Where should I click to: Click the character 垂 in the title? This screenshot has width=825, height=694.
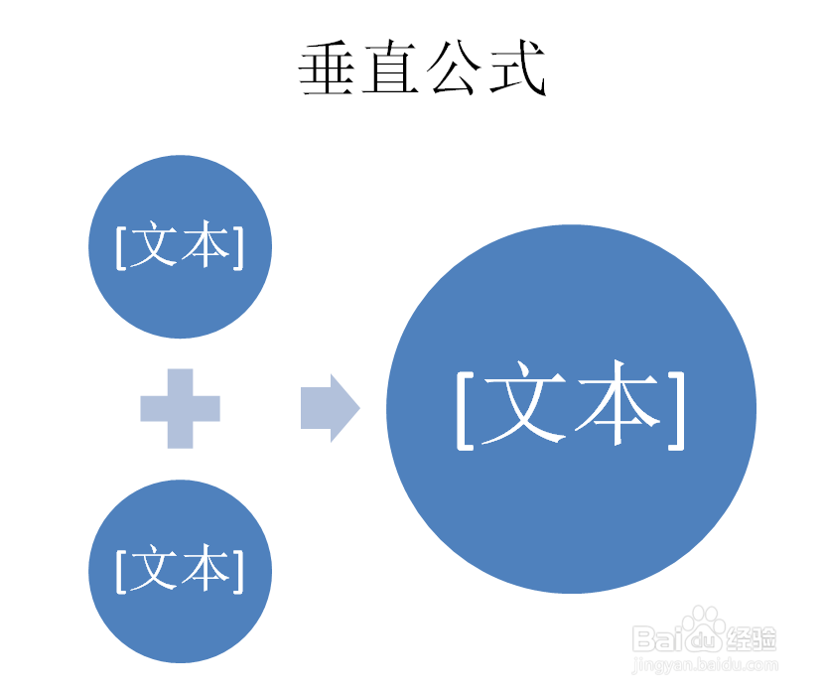coord(330,69)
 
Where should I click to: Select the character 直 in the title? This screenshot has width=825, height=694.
coord(392,69)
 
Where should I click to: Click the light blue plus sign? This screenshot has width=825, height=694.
coord(180,408)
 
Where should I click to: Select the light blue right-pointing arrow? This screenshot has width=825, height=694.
coord(330,408)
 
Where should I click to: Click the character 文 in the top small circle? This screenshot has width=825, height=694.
coord(155,245)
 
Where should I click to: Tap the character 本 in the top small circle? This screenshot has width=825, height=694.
coord(206,245)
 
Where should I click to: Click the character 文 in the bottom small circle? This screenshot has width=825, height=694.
coord(155,569)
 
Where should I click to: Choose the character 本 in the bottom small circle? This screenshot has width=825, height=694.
coord(206,569)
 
